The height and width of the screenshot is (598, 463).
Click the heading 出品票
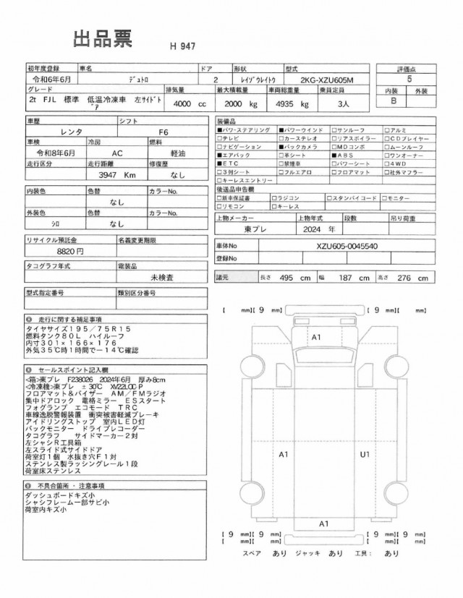point(102,40)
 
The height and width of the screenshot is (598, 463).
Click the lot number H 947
point(183,46)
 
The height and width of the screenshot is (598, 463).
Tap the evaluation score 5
point(411,80)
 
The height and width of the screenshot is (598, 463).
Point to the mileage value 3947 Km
point(117,175)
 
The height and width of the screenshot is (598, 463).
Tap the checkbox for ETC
point(219,164)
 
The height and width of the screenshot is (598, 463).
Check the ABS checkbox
point(334,155)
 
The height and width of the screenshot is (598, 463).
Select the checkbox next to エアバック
point(219,155)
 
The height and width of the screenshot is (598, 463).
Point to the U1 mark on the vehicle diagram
point(365,454)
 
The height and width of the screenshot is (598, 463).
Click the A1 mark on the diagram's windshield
point(316,338)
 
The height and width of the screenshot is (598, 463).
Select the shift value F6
point(163,132)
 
